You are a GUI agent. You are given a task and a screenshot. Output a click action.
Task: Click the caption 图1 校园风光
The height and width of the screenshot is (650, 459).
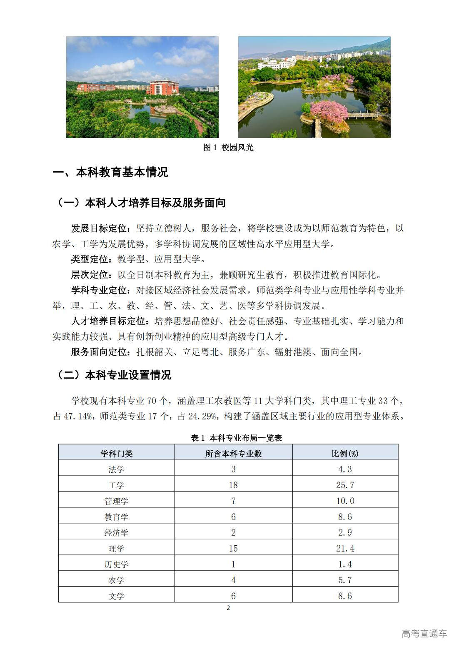[x=228, y=148]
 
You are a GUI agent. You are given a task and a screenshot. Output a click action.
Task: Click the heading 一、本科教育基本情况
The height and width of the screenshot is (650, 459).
[x=110, y=173]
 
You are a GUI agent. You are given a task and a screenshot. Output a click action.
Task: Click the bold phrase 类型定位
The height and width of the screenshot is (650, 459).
[x=90, y=260]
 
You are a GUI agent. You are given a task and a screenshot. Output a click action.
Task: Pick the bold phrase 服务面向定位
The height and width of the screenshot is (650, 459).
[x=99, y=352]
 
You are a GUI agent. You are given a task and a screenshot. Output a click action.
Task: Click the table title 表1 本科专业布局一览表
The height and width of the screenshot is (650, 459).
[x=236, y=438]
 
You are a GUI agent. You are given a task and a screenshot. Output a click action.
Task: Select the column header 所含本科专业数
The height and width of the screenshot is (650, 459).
[x=233, y=454]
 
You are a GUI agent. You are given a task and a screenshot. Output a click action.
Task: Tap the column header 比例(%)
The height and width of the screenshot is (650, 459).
[x=345, y=454]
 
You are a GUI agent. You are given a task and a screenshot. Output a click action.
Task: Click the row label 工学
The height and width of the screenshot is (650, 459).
[x=116, y=485]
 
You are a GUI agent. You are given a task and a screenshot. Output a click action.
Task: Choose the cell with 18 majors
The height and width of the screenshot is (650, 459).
[x=233, y=485]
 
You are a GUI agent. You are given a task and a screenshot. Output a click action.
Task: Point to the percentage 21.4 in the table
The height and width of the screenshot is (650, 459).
[x=345, y=549]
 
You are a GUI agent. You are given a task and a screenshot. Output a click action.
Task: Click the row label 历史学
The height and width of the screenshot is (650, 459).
[x=116, y=565]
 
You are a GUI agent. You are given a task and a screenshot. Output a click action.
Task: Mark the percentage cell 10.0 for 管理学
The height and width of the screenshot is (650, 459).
[x=345, y=501]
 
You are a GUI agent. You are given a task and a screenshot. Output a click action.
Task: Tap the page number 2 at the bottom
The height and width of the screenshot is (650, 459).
[x=228, y=607]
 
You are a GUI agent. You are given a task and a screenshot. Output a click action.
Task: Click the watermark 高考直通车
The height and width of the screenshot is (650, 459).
[x=424, y=633]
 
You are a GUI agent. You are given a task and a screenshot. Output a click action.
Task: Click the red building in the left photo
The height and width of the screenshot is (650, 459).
[x=162, y=87]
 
